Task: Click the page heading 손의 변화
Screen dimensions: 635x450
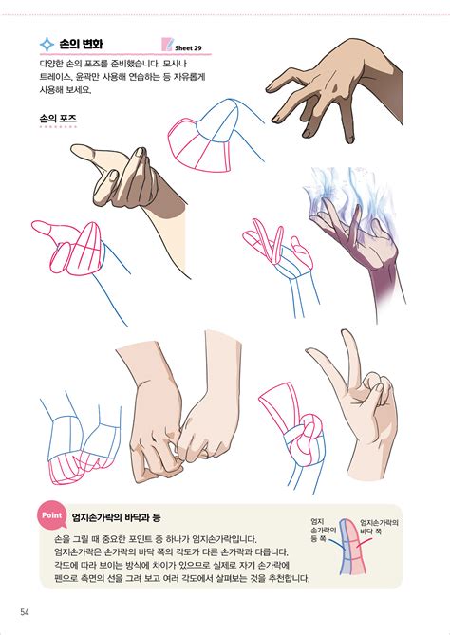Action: point(81,44)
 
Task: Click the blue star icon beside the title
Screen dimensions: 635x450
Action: point(46,44)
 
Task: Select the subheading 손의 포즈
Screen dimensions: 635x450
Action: point(58,119)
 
